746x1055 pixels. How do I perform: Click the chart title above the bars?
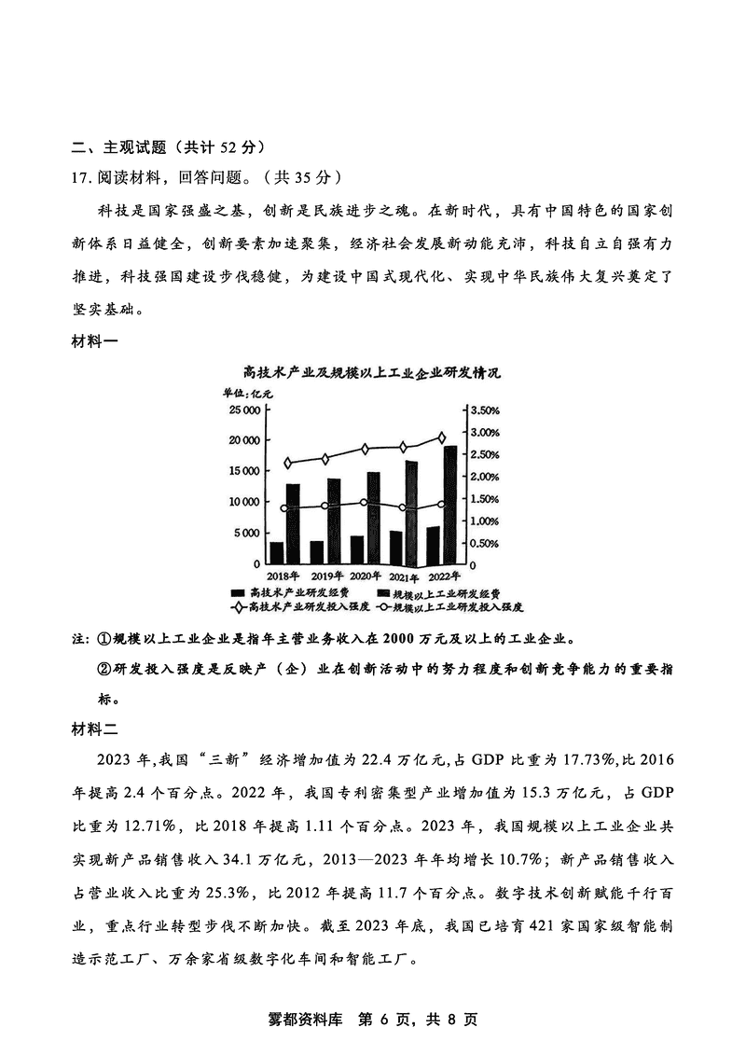coord(371,373)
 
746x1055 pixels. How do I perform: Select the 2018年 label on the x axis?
coord(283,576)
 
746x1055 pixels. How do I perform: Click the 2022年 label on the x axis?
coord(444,576)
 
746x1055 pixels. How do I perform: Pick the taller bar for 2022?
coord(450,505)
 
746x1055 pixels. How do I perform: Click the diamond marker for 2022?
coord(441,437)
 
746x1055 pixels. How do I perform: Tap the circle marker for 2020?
coord(364,504)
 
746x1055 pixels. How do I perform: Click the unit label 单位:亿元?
coord(247,393)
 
